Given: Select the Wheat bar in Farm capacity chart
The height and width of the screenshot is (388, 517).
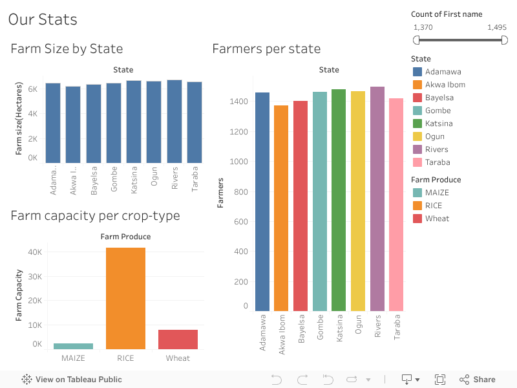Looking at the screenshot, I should (x=178, y=339).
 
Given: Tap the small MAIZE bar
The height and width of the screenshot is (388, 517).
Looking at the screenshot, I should (x=73, y=346).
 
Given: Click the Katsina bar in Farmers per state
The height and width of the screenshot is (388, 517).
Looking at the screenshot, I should (x=339, y=200).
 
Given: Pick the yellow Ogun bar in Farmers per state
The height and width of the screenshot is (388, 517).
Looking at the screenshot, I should (x=358, y=201).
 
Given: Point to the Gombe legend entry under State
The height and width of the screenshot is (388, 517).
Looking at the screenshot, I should (x=438, y=111).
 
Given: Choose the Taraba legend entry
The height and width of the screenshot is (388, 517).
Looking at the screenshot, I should (x=438, y=162).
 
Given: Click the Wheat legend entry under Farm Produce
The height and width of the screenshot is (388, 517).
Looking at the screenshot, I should (x=437, y=219).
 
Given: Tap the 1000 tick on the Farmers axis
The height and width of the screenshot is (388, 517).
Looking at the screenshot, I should (x=239, y=162).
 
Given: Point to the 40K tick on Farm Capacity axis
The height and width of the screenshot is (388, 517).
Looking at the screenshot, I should (x=34, y=252).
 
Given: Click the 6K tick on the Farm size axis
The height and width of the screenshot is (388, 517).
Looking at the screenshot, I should (x=32, y=89).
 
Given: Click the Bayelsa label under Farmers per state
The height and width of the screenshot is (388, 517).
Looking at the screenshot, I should (x=301, y=332).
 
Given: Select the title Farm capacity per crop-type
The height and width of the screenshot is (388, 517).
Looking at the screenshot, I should (x=95, y=215).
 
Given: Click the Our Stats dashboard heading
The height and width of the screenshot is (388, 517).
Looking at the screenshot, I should (x=43, y=19).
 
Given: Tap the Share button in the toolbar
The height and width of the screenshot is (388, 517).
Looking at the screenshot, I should (x=478, y=380).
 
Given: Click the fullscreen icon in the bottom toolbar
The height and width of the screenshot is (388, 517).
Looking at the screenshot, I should (x=440, y=380).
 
